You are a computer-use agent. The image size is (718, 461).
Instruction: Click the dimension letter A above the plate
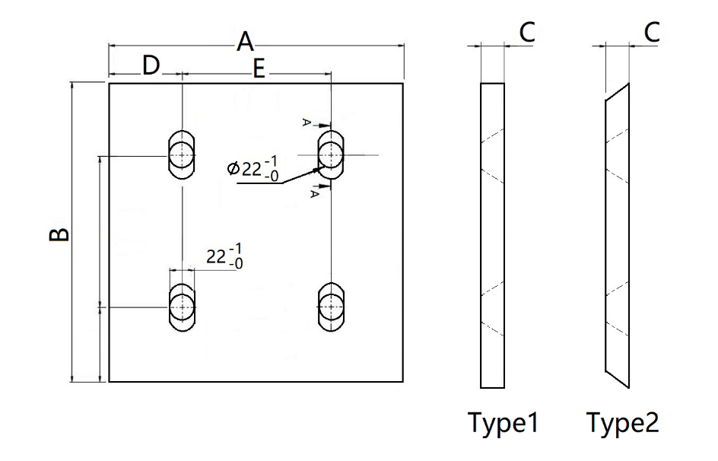tap(246, 41)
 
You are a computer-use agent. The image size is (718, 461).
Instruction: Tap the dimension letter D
tap(151, 65)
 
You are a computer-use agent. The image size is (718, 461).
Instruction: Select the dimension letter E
tap(259, 69)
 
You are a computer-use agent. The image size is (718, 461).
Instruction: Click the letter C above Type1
tap(527, 33)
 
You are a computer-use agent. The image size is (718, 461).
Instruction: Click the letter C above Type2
tap(652, 33)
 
